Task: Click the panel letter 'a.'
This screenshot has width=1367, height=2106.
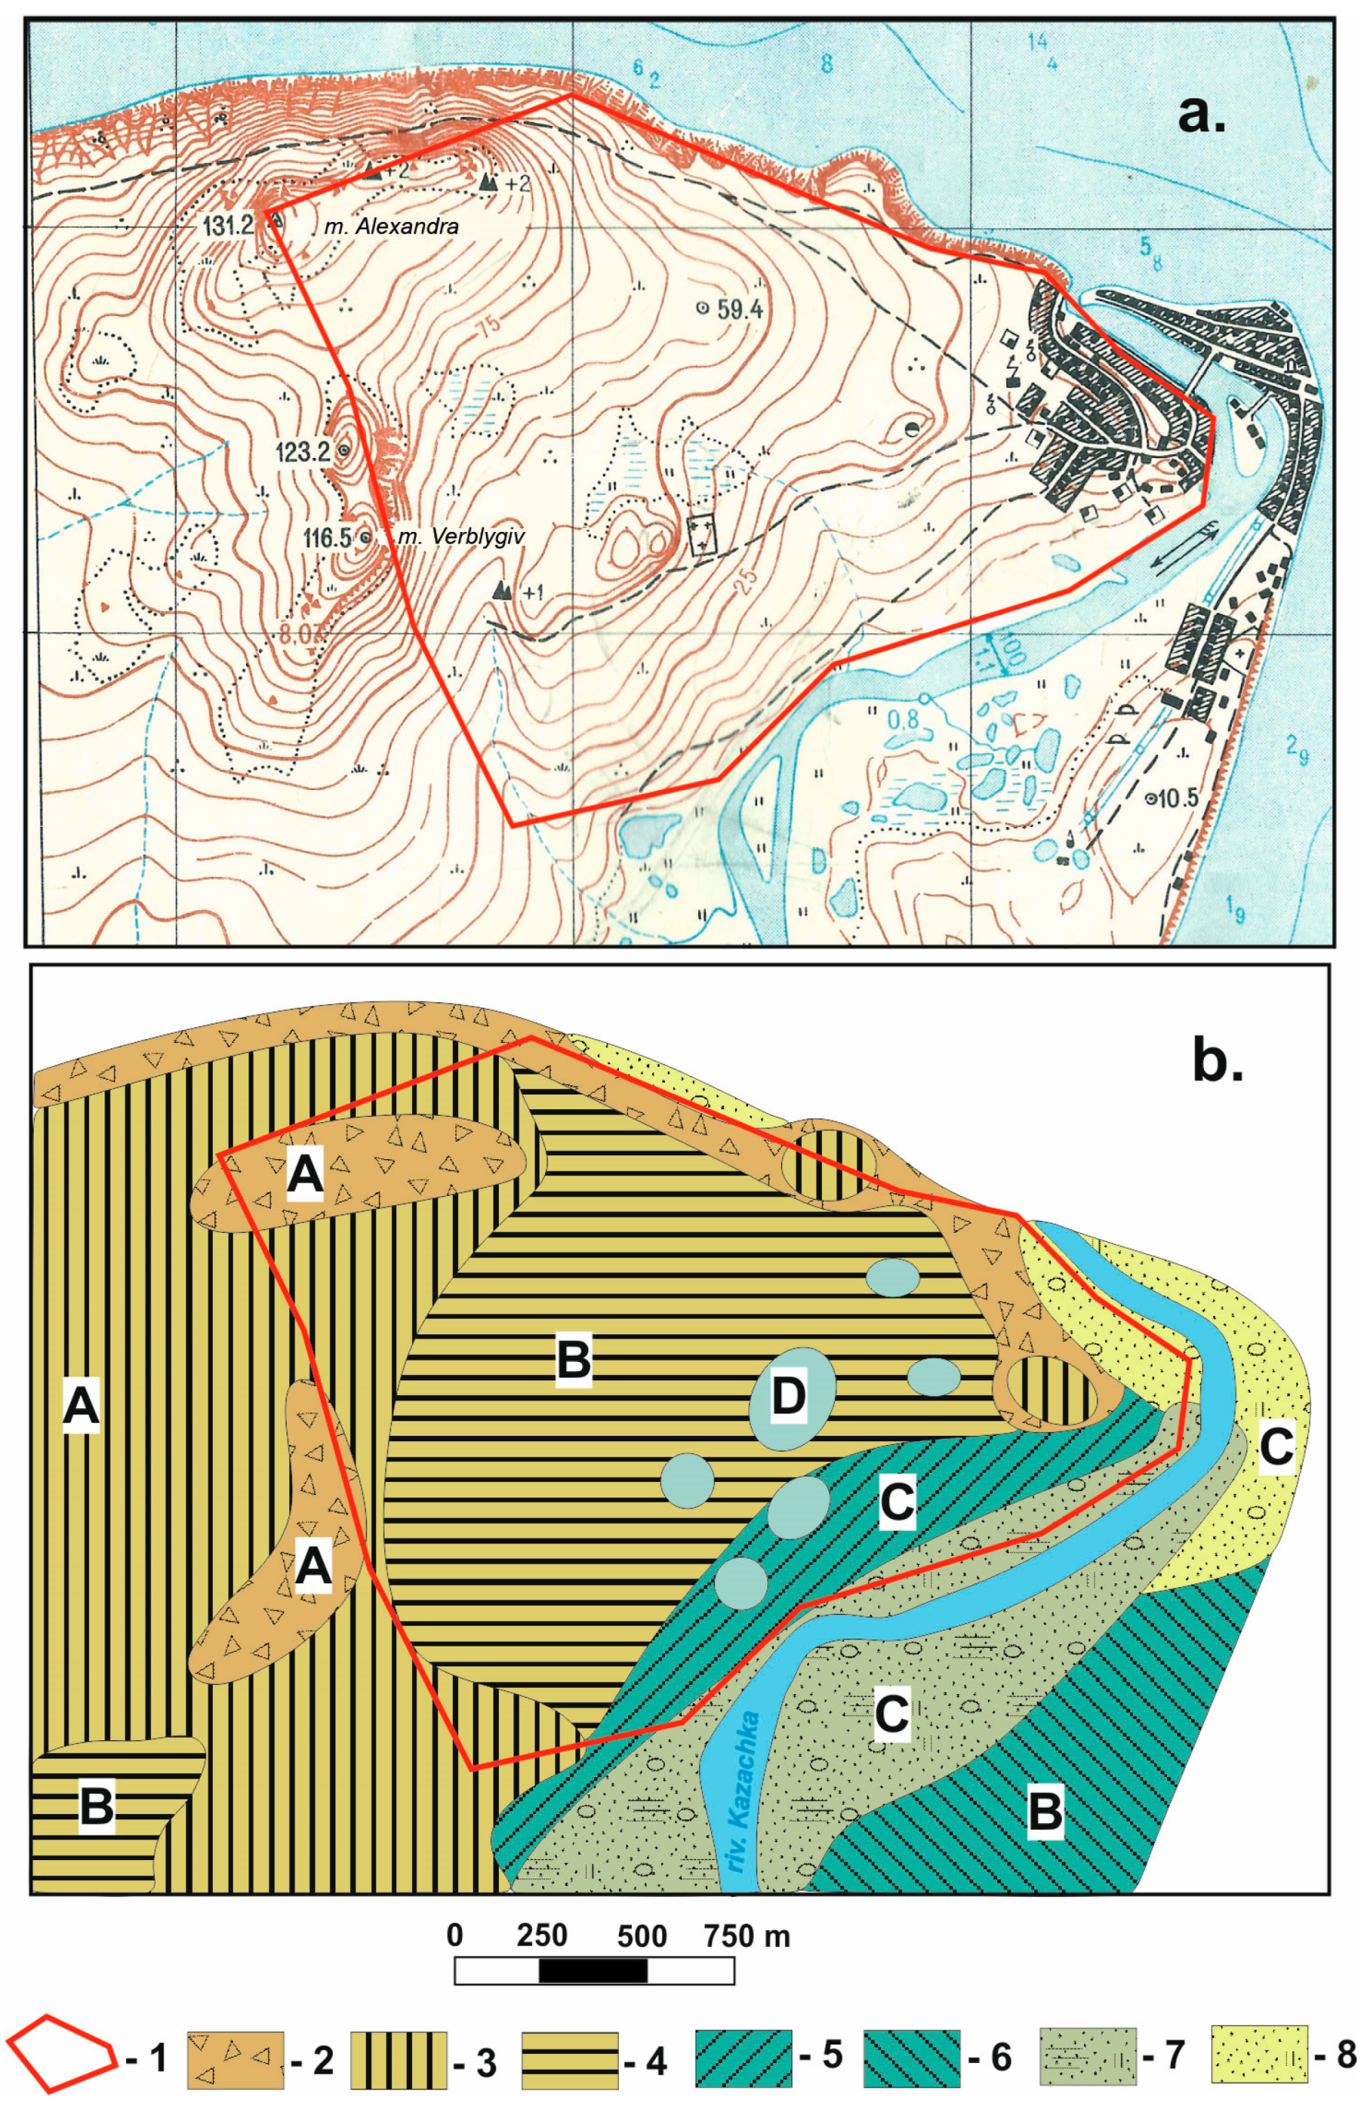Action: (1201, 116)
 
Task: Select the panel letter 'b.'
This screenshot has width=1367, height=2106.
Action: (1217, 1061)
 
